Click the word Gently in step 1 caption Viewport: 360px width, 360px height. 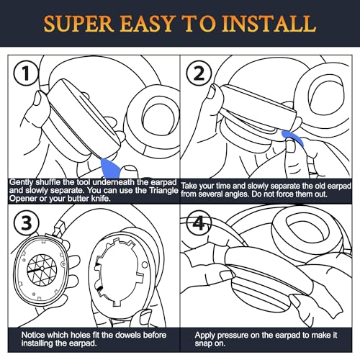coord(22,184)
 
